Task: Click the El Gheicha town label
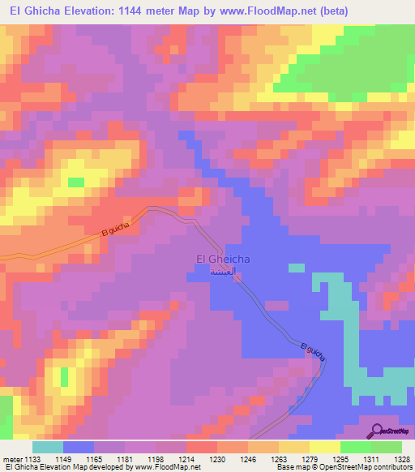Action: (224, 260)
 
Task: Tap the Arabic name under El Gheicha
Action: (224, 272)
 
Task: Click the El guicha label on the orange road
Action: (118, 230)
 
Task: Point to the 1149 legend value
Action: (62, 458)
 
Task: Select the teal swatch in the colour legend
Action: (47, 447)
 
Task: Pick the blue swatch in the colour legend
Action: (78, 447)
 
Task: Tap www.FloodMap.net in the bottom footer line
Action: (167, 468)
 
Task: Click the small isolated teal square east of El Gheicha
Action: (297, 268)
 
